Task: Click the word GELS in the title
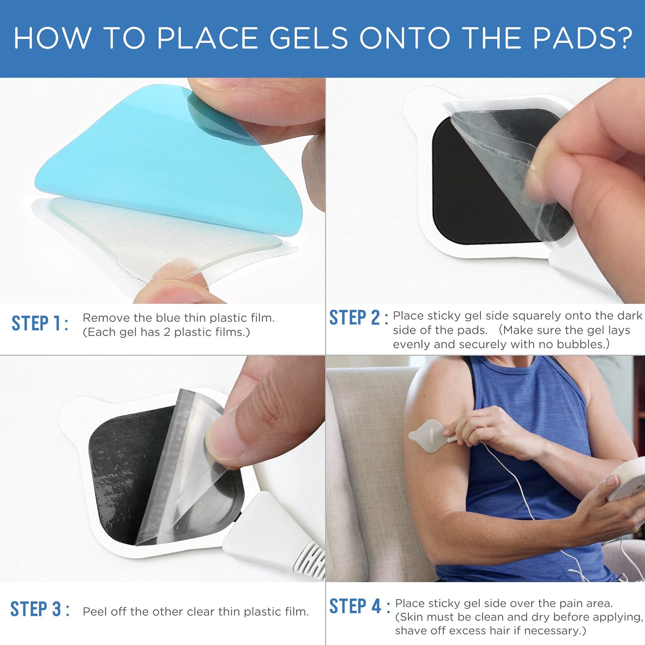[x=308, y=37]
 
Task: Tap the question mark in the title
[x=624, y=37]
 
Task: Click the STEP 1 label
[x=39, y=323]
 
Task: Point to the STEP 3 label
[x=39, y=609]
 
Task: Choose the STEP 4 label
[x=359, y=606]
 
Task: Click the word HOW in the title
[x=52, y=37]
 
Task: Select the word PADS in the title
[x=573, y=37]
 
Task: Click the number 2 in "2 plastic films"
[x=167, y=332]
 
